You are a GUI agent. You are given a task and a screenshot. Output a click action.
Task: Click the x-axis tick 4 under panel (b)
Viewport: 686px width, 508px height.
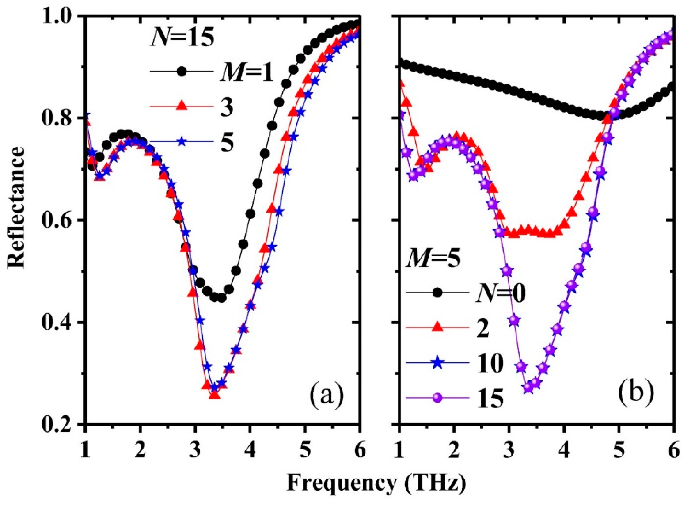click(564, 443)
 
